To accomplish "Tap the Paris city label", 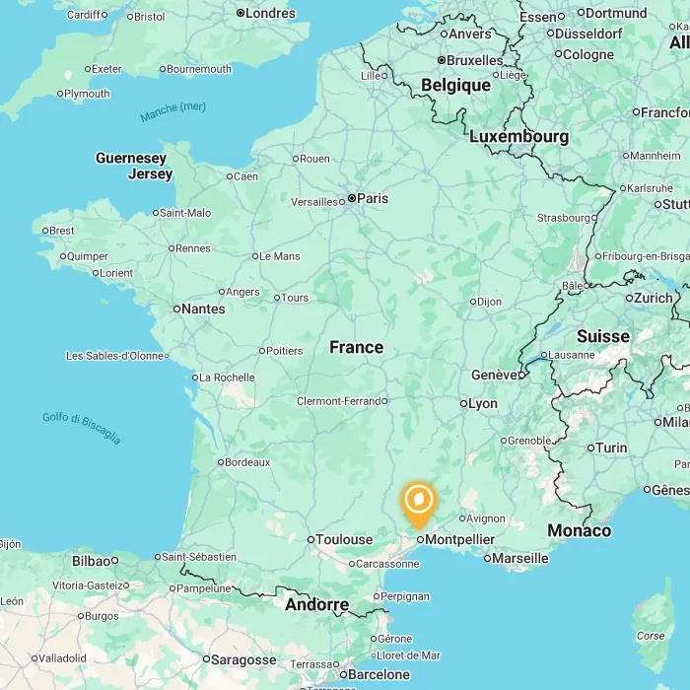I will [372, 198].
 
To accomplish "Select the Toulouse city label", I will [343, 539].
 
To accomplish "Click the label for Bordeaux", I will [247, 461].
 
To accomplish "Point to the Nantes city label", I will [204, 309].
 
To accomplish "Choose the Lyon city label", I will [482, 403].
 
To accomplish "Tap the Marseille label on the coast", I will [519, 558].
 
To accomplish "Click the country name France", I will [356, 347].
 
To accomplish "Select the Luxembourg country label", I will [518, 136].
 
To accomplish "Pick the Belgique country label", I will [455, 85].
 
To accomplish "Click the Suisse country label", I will [602, 336].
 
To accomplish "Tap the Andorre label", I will [316, 604].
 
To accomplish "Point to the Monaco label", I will [579, 530].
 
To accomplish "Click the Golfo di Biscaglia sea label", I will [81, 428].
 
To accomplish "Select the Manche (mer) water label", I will [172, 112].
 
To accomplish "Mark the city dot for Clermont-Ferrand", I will [385, 401].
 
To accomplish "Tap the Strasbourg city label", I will [564, 218].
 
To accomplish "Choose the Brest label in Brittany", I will [61, 231].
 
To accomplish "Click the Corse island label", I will [651, 636].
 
